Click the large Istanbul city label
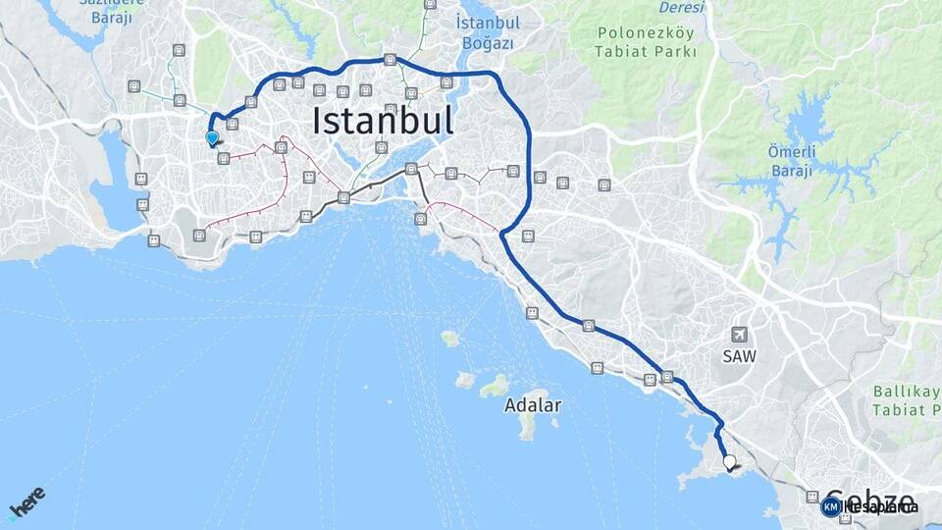[383, 121]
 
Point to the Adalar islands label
[533, 404]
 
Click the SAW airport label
[740, 356]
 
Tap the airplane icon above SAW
[738, 335]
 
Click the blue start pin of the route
[211, 138]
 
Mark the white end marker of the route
[729, 461]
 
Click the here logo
[26, 502]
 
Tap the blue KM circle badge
[831, 506]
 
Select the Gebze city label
[871, 501]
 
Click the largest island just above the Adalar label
[495, 385]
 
